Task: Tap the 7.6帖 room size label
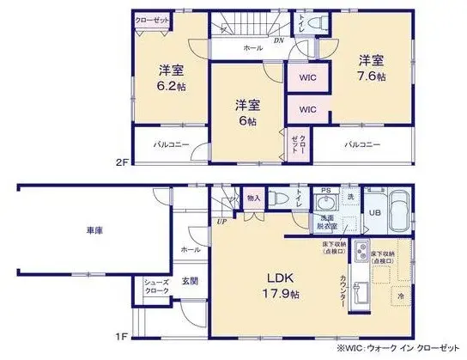pos(372,68)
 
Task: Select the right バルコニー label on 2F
pos(362,144)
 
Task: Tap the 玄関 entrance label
pos(190,280)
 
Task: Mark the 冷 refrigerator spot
pos(399,295)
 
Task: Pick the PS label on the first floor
pos(324,191)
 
